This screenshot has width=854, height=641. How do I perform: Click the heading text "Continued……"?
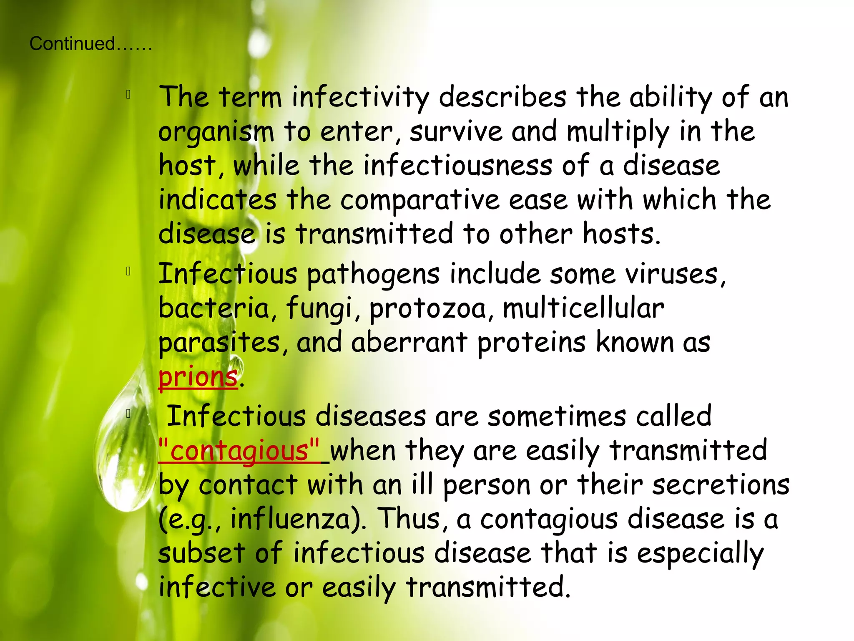click(x=90, y=44)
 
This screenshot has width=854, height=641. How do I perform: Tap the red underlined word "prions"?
click(x=198, y=377)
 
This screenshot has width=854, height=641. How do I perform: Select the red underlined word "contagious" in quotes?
click(x=239, y=451)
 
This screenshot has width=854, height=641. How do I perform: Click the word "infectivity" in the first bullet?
click(x=360, y=97)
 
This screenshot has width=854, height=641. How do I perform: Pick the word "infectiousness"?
click(x=457, y=165)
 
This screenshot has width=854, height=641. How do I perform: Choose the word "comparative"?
click(x=419, y=200)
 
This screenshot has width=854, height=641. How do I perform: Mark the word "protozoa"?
click(x=428, y=309)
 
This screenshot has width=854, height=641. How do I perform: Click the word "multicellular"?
click(x=583, y=308)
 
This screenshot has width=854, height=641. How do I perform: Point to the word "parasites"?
click(x=219, y=343)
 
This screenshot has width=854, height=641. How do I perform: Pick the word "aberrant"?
click(x=409, y=343)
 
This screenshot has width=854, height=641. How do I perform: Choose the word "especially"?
click(x=700, y=554)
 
